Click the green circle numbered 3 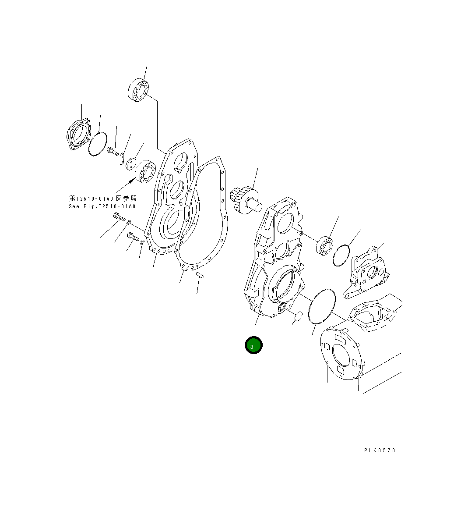[253, 345]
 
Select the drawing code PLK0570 [380, 450]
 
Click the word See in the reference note [74, 206]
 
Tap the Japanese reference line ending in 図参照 [102, 199]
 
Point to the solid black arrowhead [132, 181]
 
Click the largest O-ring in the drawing [321, 307]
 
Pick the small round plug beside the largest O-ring [298, 316]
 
